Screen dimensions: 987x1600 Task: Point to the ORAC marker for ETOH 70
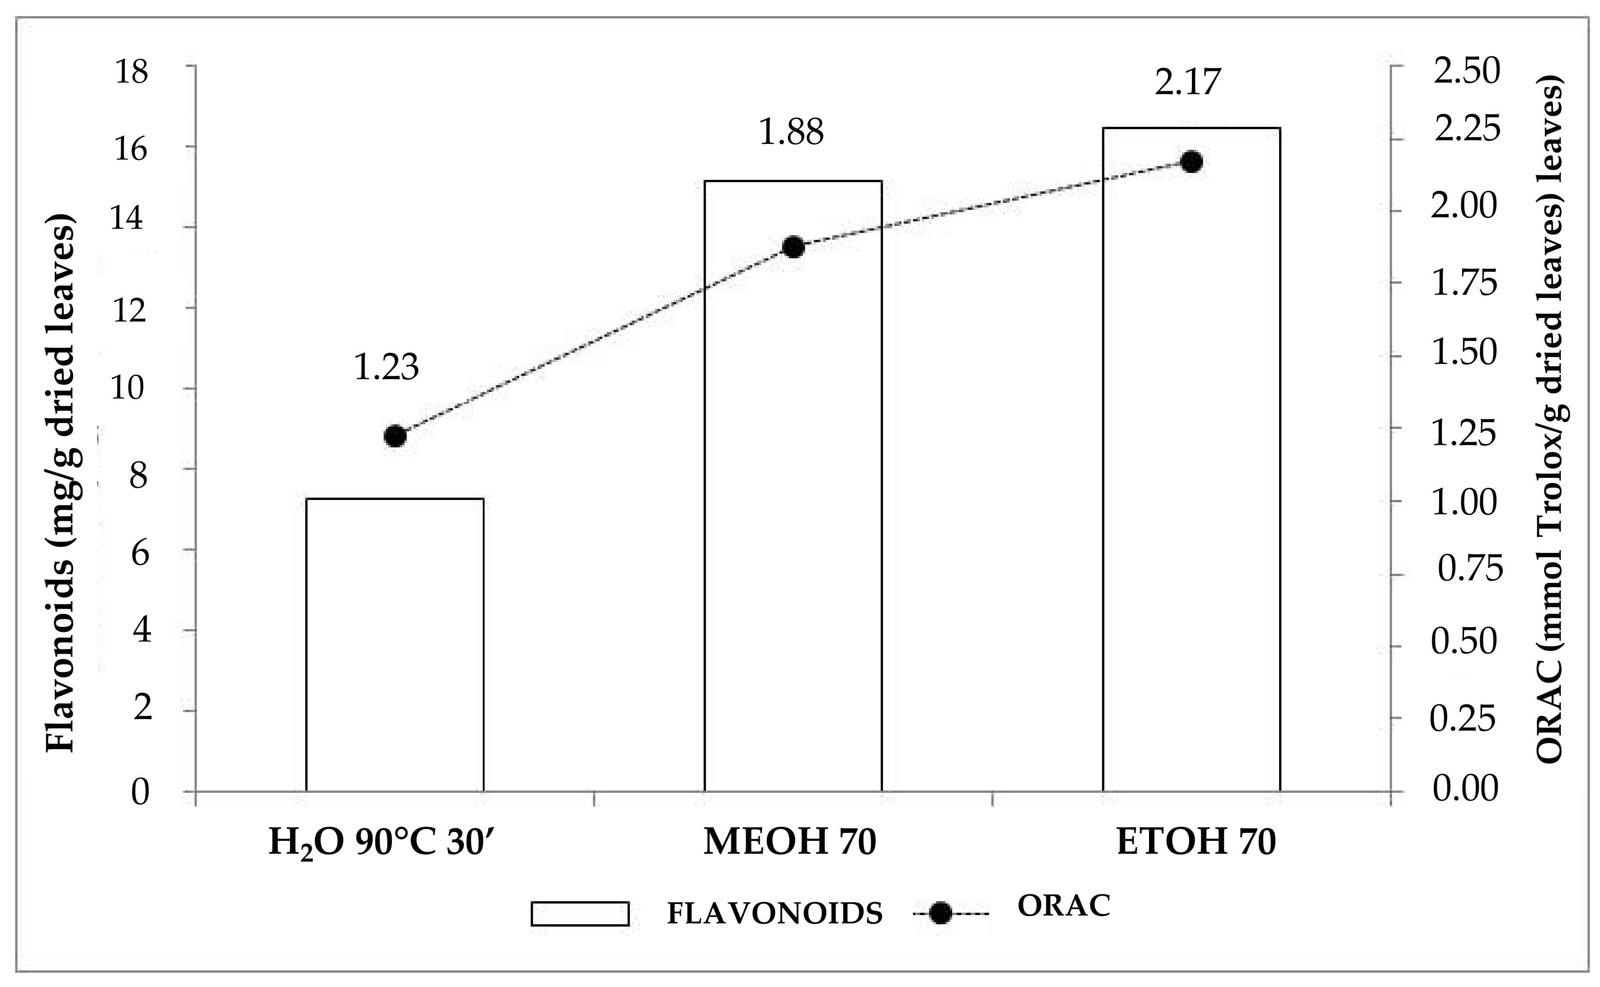(1191, 162)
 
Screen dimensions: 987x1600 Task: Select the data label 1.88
(791, 132)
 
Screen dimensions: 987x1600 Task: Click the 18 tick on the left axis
(131, 72)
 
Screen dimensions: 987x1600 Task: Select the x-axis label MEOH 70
(789, 843)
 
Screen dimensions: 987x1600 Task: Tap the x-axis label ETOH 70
(1196, 843)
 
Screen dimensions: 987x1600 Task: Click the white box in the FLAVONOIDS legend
(580, 914)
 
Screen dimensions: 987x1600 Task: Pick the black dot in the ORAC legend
(940, 914)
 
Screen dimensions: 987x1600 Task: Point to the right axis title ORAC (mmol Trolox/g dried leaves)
(1550, 424)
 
